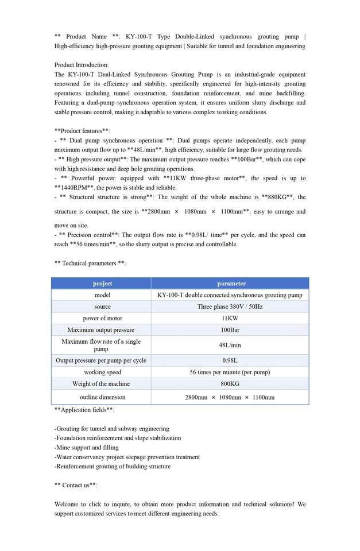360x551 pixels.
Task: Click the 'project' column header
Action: pos(102,284)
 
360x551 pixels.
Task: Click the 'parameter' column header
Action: pos(231,284)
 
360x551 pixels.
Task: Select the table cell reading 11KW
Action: pos(230,318)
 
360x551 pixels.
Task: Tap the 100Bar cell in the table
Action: pos(230,330)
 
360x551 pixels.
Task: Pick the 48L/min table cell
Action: pos(230,345)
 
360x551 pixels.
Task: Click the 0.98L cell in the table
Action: pos(230,360)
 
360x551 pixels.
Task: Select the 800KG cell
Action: pos(230,383)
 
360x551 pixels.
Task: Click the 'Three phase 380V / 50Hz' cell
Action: pos(230,306)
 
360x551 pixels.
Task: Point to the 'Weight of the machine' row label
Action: pos(101,383)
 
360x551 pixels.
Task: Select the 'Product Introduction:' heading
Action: pos(82,65)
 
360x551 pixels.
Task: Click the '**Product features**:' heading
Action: pos(82,131)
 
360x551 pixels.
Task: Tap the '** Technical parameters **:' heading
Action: pos(90,263)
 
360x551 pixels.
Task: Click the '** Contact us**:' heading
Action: pos(76,485)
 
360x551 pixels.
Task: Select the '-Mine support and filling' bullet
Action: pos(87,447)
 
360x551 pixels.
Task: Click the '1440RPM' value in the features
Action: pos(73,188)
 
